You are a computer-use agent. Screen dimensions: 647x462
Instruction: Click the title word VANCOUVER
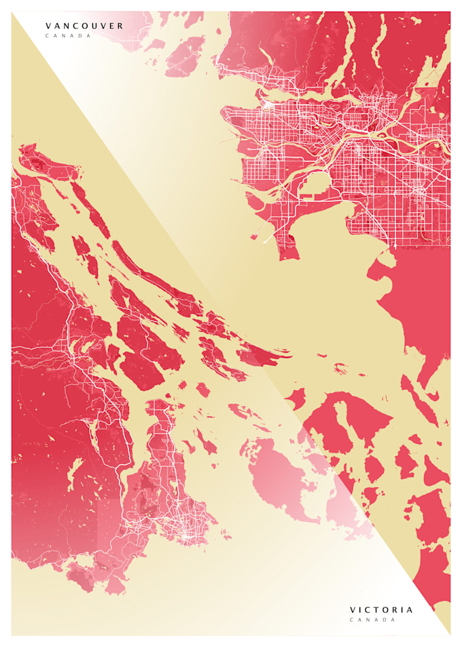pos(85,27)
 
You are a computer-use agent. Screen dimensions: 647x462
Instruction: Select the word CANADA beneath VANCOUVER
pos(68,35)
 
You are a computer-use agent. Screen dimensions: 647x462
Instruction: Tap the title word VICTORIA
pos(381,610)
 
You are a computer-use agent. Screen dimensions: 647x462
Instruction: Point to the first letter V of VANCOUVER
pos(48,27)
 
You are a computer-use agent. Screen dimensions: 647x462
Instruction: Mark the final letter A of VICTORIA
pos(410,610)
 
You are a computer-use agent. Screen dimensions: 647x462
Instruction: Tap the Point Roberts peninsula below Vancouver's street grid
pos(288,247)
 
